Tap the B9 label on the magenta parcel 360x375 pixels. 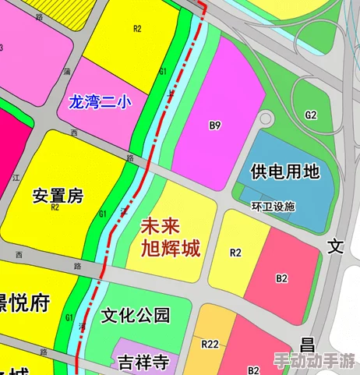(216, 125)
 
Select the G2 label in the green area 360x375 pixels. (311, 115)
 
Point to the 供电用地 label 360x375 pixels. (285, 172)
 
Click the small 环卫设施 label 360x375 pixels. (274, 207)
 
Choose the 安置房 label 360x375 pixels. (58, 196)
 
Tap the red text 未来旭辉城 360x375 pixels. (170, 238)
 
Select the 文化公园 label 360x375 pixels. (136, 316)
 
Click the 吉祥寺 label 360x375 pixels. (143, 362)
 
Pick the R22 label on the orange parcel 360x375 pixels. (210, 344)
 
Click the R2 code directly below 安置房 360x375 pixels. (55, 208)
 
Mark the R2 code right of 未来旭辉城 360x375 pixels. (235, 252)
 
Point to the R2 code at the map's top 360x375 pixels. (138, 29)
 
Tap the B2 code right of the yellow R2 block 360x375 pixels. (282, 278)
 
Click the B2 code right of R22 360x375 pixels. (254, 369)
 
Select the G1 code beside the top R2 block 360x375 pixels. (164, 71)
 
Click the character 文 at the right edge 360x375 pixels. (335, 247)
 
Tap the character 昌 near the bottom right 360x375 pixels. (309, 345)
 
